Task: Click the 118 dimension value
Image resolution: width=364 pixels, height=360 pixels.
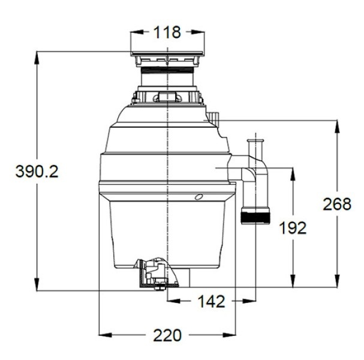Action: click(167, 32)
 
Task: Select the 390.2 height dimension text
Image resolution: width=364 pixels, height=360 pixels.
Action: click(37, 172)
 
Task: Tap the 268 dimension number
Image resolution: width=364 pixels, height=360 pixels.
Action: click(337, 204)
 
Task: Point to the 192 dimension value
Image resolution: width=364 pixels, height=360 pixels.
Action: click(293, 227)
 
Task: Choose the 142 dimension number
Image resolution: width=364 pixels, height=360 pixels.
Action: click(211, 301)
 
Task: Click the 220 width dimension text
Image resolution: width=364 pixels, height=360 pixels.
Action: click(167, 335)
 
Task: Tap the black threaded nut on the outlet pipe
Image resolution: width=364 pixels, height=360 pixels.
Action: click(255, 216)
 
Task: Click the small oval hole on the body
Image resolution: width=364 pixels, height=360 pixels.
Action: click(198, 197)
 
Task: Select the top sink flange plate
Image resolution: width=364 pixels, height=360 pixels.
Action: click(167, 53)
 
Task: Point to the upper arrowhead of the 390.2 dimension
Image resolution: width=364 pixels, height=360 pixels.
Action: click(37, 58)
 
